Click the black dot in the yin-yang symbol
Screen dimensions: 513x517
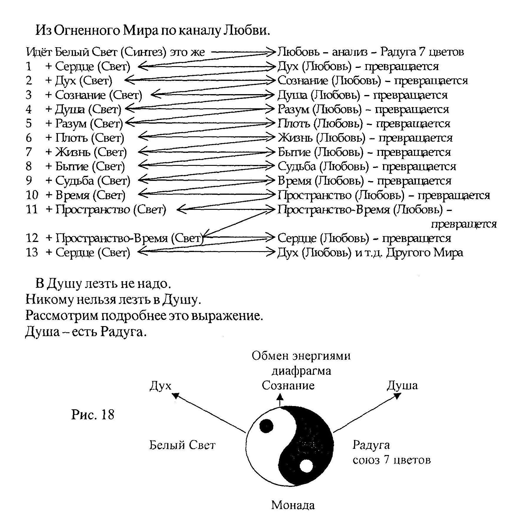click(266, 426)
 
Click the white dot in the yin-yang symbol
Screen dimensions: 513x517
click(306, 467)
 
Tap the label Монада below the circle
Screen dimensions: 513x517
click(293, 505)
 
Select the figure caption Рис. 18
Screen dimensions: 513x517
click(92, 415)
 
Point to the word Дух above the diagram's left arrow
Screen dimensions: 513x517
click(160, 386)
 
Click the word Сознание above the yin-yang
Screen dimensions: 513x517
click(288, 385)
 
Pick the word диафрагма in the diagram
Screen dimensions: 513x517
click(301, 371)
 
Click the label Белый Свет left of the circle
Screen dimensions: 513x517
click(182, 445)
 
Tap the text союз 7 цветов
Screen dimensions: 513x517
click(392, 460)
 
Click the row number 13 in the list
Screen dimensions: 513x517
click(32, 252)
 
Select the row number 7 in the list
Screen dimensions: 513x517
click(29, 152)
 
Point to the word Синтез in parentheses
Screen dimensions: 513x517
click(141, 52)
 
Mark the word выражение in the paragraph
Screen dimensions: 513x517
click(227, 316)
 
